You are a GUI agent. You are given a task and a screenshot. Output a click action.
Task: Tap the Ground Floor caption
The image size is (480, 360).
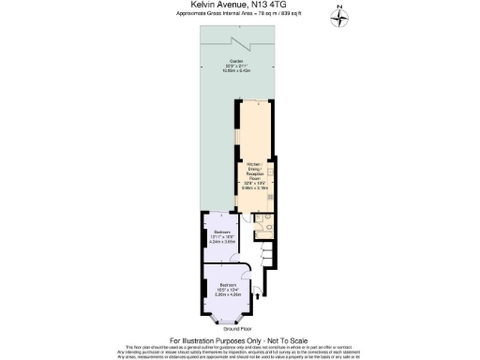click(x=239, y=329)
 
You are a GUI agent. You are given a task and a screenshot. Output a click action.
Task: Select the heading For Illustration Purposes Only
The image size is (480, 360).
click(x=239, y=339)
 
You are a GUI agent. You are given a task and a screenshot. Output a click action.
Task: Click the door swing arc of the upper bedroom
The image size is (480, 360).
click(x=237, y=246)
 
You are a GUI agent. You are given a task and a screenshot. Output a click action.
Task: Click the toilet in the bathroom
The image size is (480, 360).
click(x=267, y=232)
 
